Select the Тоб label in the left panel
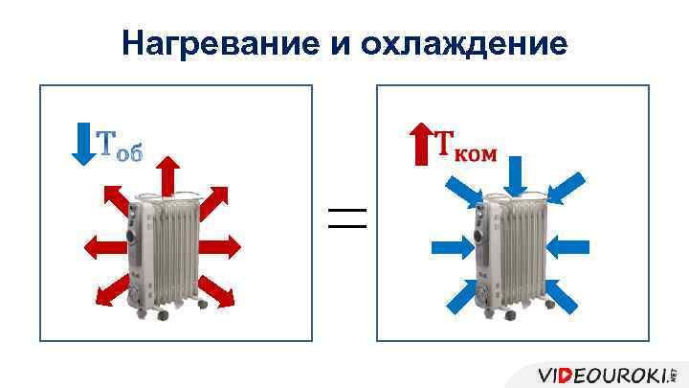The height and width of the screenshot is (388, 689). click(x=120, y=147)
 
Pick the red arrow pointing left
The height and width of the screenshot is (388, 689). click(x=104, y=246)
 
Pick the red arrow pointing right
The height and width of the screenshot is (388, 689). click(x=219, y=246)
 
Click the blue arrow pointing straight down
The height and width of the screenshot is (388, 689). click(x=516, y=176)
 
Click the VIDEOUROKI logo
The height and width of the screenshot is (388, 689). click(x=605, y=373)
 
